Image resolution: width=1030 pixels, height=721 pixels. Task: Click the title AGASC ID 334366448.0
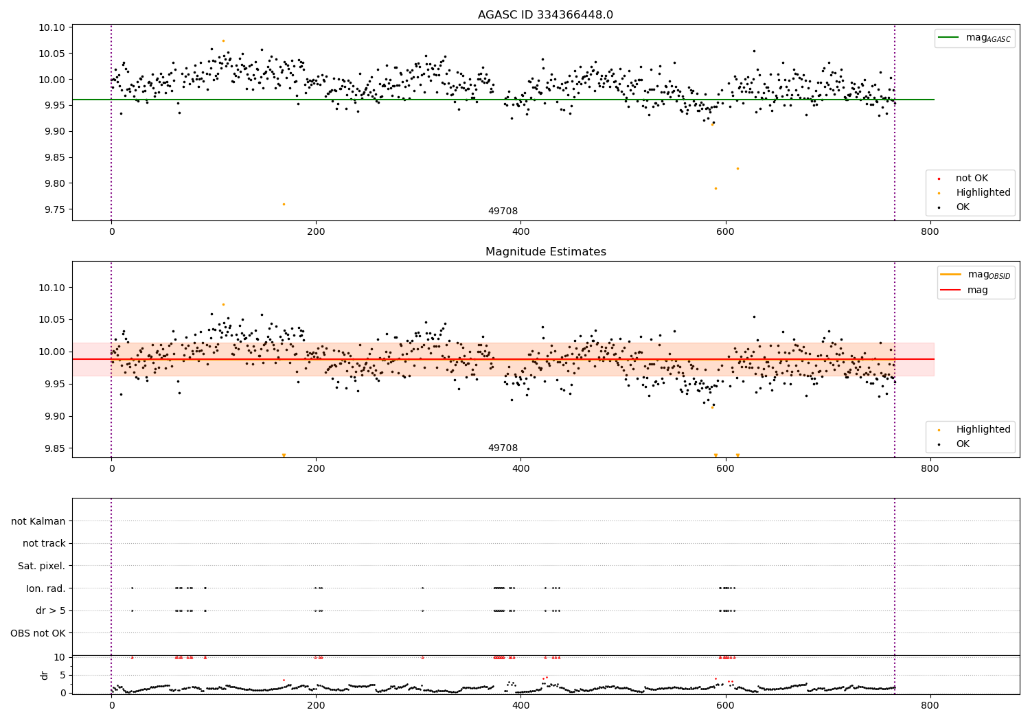pyautogui.click(x=545, y=15)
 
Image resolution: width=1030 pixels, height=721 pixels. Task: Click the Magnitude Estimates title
pyautogui.click(x=545, y=252)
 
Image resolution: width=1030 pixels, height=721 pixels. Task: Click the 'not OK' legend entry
pyautogui.click(x=972, y=179)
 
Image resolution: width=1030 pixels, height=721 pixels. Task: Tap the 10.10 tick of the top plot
pyautogui.click(x=53, y=28)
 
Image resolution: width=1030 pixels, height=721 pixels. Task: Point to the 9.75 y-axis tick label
pyautogui.click(x=53, y=209)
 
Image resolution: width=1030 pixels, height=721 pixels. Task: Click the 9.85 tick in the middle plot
pyautogui.click(x=53, y=448)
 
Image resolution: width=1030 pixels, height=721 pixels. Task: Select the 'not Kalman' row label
pyautogui.click(x=38, y=521)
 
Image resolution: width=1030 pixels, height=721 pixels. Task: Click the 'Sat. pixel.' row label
pyautogui.click(x=41, y=566)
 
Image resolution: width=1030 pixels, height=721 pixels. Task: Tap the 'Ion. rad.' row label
pyautogui.click(x=45, y=588)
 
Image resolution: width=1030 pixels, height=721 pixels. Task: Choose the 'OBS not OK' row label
pyautogui.click(x=38, y=633)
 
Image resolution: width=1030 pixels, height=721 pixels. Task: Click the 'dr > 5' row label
pyautogui.click(x=50, y=610)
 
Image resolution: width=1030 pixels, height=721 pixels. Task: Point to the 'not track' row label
pyautogui.click(x=44, y=543)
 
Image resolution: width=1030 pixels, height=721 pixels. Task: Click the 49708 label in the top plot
pyautogui.click(x=503, y=211)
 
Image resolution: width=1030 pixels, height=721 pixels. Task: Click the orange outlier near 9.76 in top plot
pyautogui.click(x=284, y=204)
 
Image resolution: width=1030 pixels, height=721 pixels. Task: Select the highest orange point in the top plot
pyautogui.click(x=223, y=41)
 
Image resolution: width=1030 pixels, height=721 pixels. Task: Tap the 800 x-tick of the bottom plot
pyautogui.click(x=930, y=705)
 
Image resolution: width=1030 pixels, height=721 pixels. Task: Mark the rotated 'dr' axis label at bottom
pyautogui.click(x=45, y=675)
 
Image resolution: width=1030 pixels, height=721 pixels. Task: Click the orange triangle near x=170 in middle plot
pyautogui.click(x=284, y=455)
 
